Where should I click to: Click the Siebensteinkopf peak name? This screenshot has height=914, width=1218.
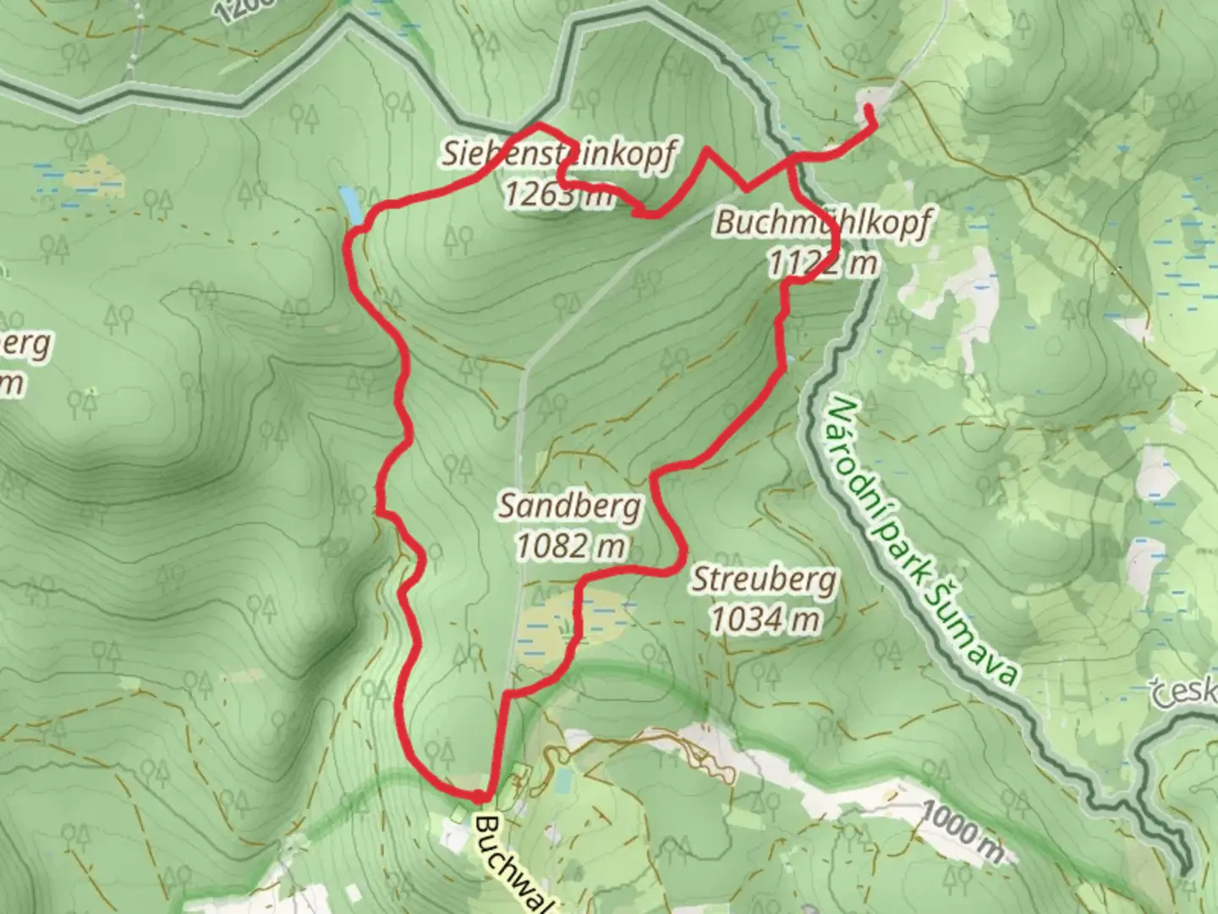pyautogui.click(x=558, y=154)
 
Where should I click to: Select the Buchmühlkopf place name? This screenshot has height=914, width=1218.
pyautogui.click(x=821, y=223)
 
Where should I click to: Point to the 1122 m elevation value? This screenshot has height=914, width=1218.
pyautogui.click(x=821, y=263)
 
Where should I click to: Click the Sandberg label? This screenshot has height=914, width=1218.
pyautogui.click(x=569, y=506)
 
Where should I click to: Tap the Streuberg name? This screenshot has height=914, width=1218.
pyautogui.click(x=764, y=581)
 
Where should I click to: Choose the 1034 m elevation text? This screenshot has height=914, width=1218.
pyautogui.click(x=764, y=620)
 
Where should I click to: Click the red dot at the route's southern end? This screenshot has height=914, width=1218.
pyautogui.click(x=479, y=796)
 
